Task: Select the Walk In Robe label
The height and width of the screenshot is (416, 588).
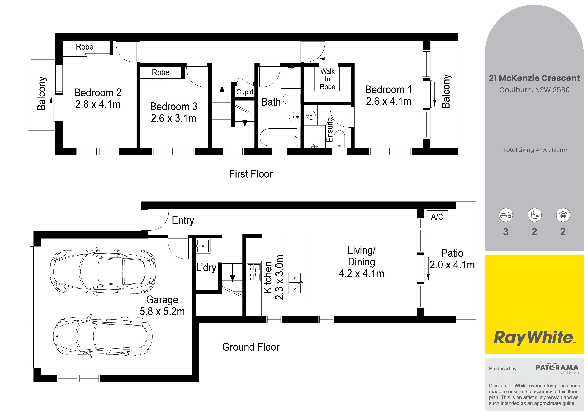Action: click(327, 79)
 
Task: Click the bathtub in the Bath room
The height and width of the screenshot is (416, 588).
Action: click(279, 137)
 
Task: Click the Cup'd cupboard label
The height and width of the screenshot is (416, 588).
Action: click(245, 92)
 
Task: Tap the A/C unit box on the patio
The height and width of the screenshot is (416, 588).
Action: click(437, 216)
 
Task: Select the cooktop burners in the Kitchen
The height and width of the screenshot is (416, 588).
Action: click(254, 272)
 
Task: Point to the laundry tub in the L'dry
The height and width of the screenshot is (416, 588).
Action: click(203, 246)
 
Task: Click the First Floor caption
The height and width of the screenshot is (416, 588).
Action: click(251, 174)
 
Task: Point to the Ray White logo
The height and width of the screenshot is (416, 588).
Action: click(534, 338)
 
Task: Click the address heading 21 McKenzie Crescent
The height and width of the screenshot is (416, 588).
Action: click(534, 78)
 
